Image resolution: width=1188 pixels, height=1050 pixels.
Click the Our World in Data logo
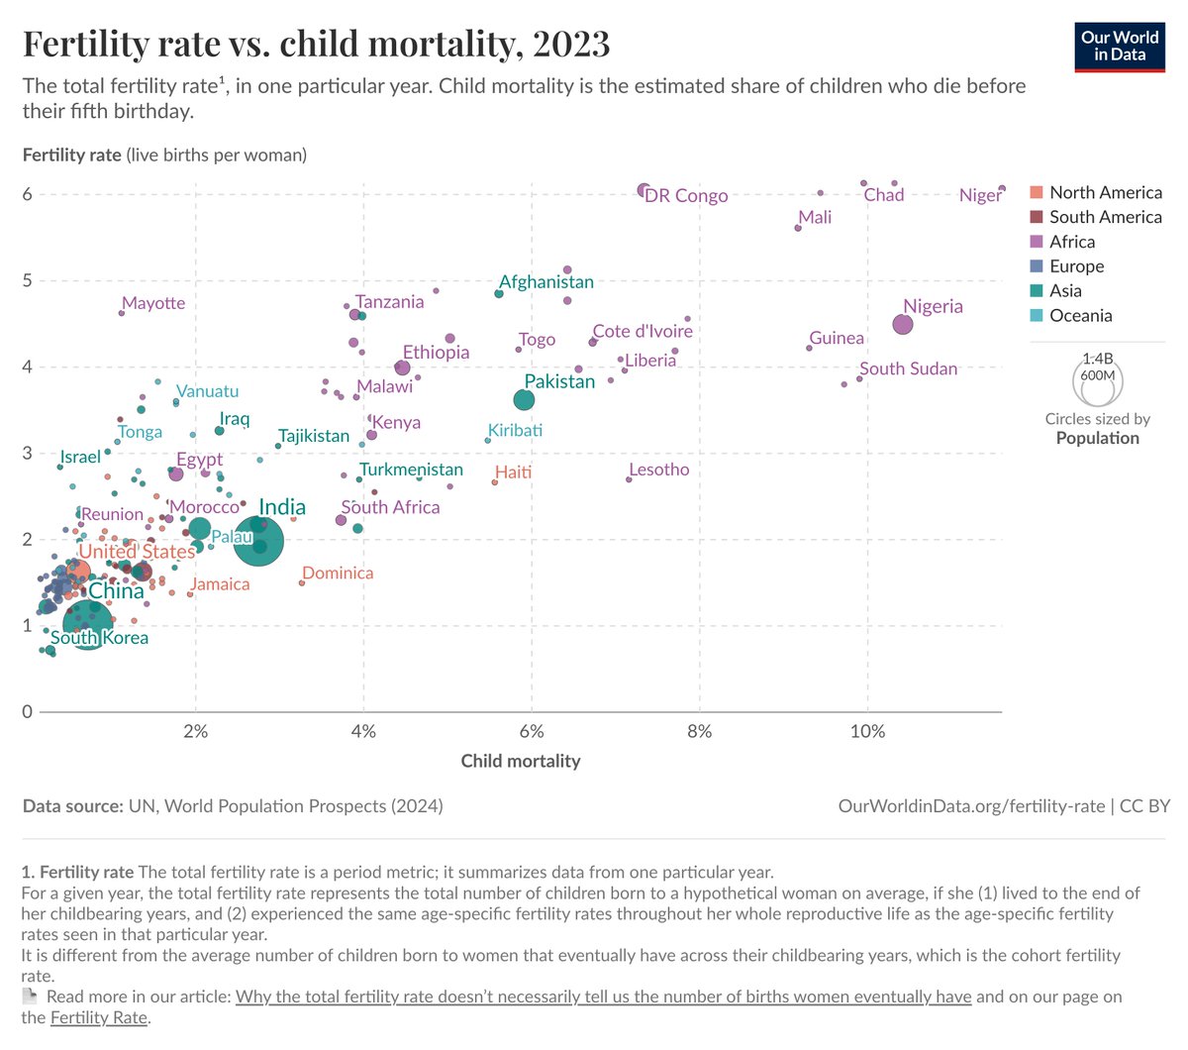coord(1120,46)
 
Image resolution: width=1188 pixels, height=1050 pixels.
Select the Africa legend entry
coord(1071,242)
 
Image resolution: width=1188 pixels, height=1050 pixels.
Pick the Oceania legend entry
coord(1080,316)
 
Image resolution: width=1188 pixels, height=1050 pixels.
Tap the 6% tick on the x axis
coord(532,732)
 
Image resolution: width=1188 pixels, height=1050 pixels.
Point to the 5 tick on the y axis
coord(27,280)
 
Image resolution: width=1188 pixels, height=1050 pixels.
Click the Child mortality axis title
coord(521,762)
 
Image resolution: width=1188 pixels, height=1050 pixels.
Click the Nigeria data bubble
coord(903,324)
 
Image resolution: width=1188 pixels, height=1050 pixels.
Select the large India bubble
coord(260,541)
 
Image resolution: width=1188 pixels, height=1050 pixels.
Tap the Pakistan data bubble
coord(525,400)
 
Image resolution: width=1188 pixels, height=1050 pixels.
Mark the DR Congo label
coord(686,196)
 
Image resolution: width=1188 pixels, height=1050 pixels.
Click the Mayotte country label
coord(153,303)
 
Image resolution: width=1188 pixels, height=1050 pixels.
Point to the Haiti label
coord(513,472)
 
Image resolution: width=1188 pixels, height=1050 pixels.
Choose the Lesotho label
coord(659,470)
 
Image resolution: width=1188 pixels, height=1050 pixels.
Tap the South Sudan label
coord(908,369)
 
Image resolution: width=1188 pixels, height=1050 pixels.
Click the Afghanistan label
coord(546,282)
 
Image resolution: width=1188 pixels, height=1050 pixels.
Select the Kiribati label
coord(515,431)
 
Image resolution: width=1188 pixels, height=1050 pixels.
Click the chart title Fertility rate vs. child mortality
coord(316,44)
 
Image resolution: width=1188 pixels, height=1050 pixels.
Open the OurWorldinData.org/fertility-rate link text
coord(971,806)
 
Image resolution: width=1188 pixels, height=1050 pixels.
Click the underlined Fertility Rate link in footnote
coord(98,1017)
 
